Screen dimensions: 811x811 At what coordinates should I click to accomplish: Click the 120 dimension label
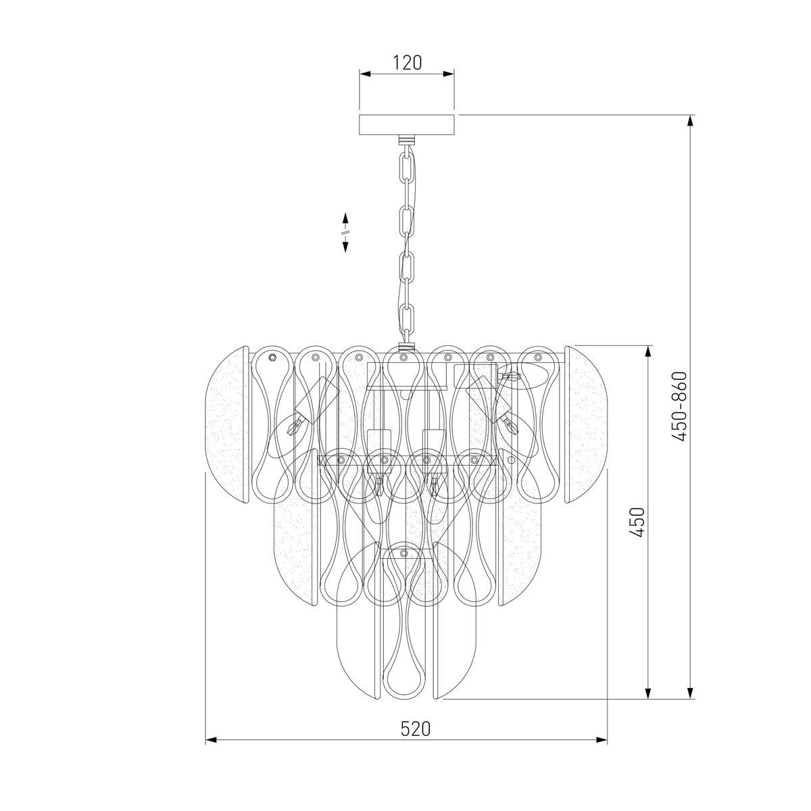[407, 63]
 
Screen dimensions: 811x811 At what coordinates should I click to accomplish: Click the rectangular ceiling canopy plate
[407, 124]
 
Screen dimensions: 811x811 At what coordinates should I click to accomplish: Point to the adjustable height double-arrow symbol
[345, 232]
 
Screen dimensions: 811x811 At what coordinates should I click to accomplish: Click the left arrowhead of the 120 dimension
[364, 74]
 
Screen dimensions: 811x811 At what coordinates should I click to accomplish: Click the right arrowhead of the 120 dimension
[449, 74]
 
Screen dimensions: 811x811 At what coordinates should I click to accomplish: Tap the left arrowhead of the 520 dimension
[211, 752]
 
